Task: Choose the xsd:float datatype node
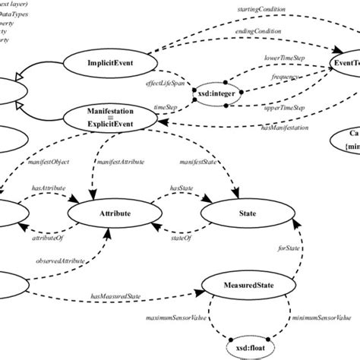248,342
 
